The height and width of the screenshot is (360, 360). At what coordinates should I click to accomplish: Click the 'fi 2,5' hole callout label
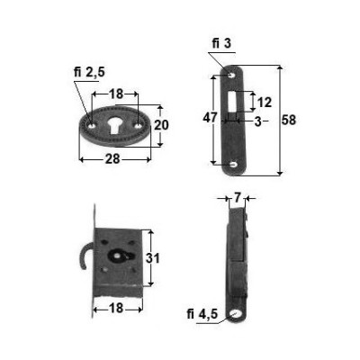89,73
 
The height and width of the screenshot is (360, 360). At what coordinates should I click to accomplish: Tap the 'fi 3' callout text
222,44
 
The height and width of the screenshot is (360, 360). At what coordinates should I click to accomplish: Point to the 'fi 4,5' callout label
202,314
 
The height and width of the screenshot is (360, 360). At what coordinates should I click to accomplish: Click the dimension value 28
112,159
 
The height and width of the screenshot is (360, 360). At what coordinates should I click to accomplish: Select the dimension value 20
161,125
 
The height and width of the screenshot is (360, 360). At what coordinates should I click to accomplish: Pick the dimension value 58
289,120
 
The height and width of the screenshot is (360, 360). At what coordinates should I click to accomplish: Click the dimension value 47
210,117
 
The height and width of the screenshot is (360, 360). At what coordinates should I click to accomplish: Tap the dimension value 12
265,103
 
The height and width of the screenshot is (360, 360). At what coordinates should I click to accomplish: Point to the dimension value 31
153,258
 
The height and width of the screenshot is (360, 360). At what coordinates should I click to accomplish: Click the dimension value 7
237,198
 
